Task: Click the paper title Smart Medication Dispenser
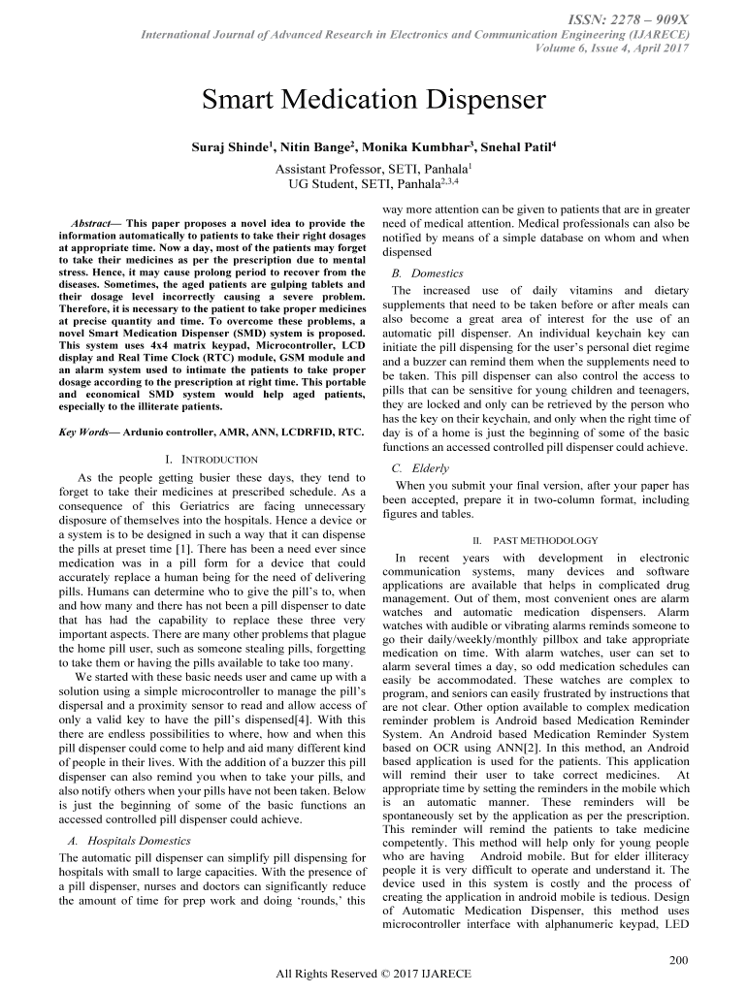373,101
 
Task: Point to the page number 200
679,960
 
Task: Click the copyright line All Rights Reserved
373,974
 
